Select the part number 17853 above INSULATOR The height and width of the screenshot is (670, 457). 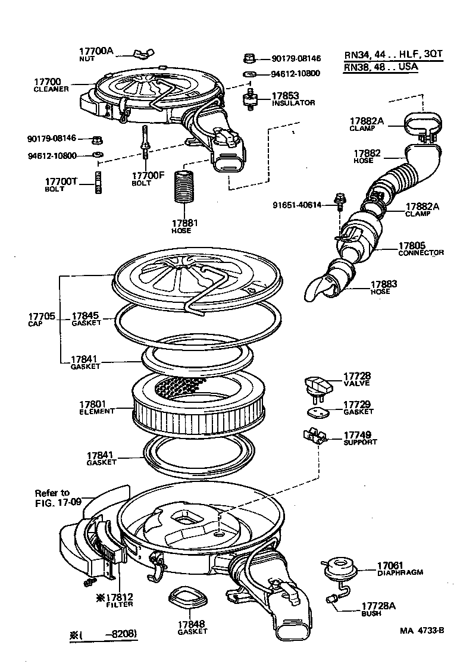coord(286,95)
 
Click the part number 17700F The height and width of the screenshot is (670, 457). coord(147,176)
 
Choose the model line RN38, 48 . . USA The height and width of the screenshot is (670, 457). coord(381,67)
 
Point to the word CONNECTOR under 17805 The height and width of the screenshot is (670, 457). coord(421,253)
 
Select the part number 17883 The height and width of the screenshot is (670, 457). coord(383,284)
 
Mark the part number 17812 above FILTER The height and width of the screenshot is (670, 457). coord(119,597)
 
